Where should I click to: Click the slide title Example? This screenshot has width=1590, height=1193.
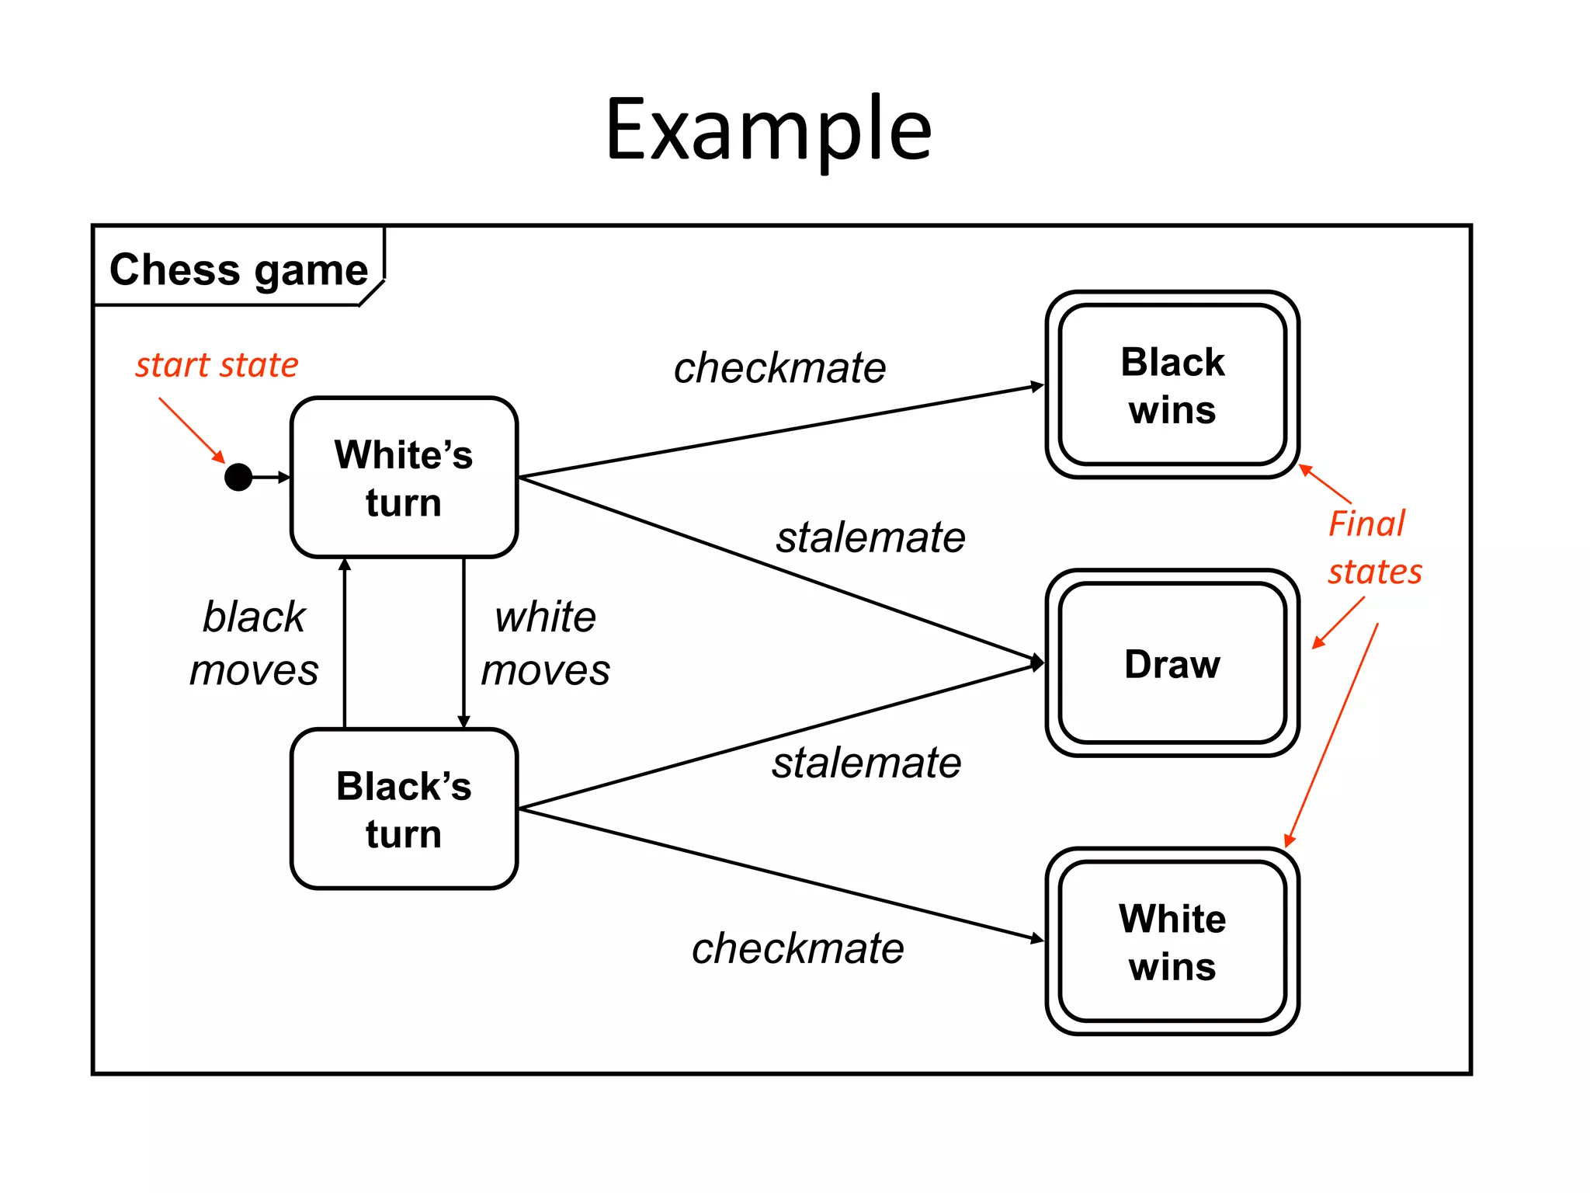(768, 130)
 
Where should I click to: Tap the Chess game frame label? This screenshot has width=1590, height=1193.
(238, 270)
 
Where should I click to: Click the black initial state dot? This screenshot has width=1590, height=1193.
(238, 477)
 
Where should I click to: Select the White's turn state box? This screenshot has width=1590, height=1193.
(404, 478)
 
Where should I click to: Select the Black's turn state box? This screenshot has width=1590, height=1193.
(404, 809)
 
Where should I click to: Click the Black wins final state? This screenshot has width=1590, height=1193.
(1172, 385)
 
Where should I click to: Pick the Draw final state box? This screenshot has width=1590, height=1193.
(1172, 663)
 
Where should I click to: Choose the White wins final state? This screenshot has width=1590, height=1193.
(1172, 941)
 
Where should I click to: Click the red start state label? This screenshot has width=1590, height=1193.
(217, 365)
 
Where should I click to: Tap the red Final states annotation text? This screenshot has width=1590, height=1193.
(1373, 548)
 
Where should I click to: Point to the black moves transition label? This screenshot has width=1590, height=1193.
(254, 643)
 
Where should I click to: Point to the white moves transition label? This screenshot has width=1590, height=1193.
(545, 643)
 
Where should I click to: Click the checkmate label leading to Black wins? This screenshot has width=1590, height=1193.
(779, 367)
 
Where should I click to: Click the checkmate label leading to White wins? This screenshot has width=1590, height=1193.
(797, 948)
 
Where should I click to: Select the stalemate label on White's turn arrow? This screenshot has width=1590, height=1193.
(870, 537)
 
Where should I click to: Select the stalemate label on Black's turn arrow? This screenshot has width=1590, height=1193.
(866, 763)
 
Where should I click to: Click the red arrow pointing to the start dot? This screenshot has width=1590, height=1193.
(191, 430)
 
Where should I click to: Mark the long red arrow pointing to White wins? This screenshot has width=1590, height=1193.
(1332, 734)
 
